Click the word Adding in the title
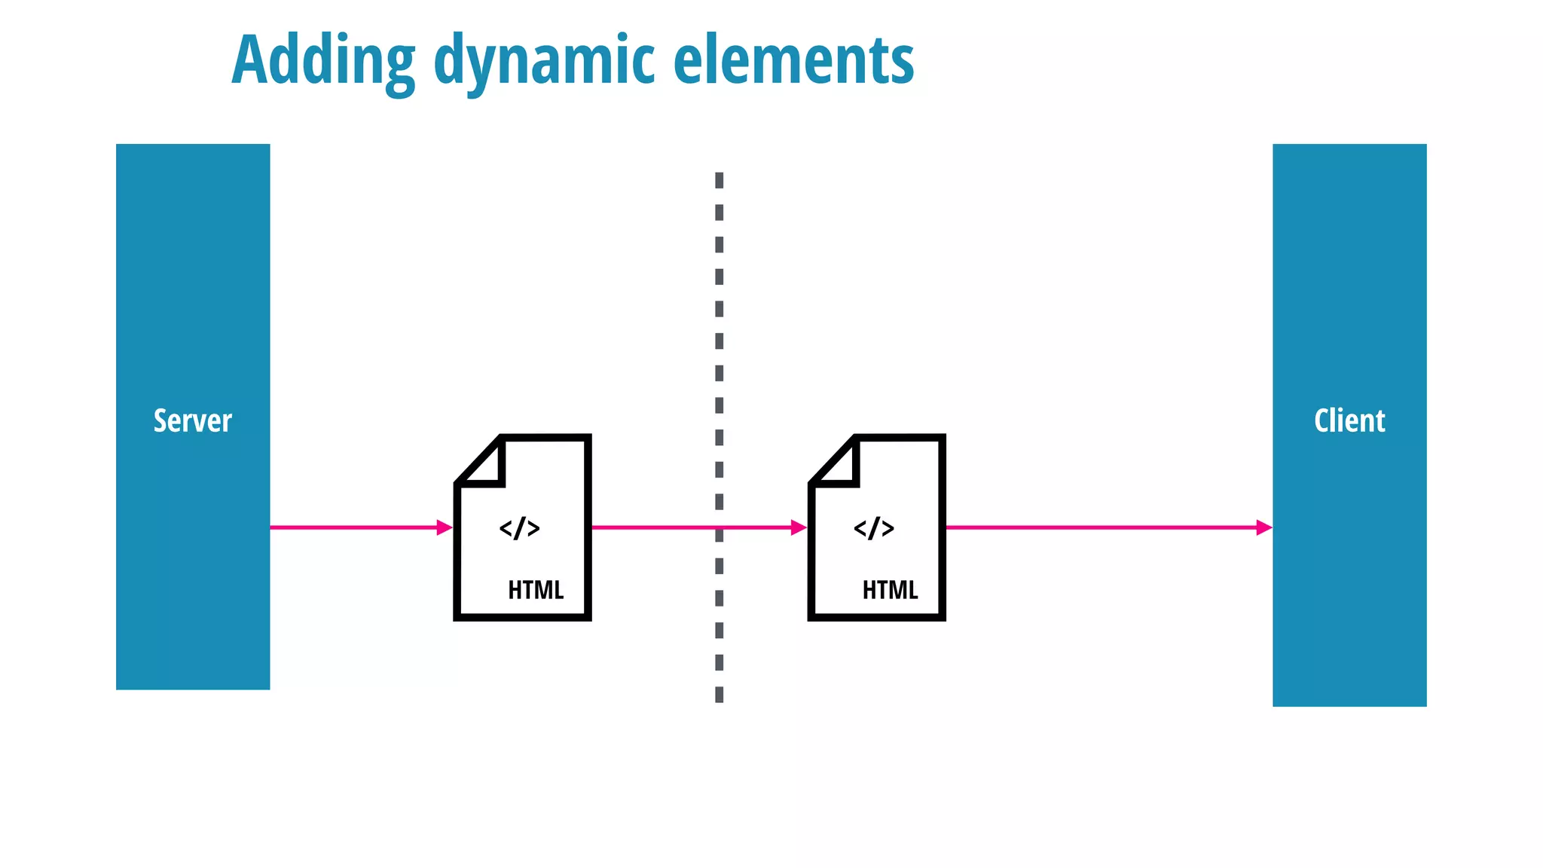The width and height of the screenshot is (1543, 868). [323, 60]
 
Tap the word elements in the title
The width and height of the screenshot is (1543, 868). [793, 60]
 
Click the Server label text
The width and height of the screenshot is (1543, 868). [193, 420]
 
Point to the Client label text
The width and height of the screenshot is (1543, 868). [1349, 420]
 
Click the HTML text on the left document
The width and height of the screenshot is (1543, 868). [536, 589]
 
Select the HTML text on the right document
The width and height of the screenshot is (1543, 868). [890, 589]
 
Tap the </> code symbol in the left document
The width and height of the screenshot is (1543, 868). [520, 528]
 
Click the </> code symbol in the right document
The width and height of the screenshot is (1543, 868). [874, 528]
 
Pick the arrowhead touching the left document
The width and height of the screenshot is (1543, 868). [445, 527]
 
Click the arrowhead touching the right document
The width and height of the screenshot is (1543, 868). [799, 527]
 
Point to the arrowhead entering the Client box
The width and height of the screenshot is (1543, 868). [1264, 527]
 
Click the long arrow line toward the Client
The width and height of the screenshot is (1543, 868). [1100, 527]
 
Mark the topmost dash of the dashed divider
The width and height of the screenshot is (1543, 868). [720, 180]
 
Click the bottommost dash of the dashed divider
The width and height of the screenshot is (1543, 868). [720, 694]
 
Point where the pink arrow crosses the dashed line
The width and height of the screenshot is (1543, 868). [720, 527]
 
